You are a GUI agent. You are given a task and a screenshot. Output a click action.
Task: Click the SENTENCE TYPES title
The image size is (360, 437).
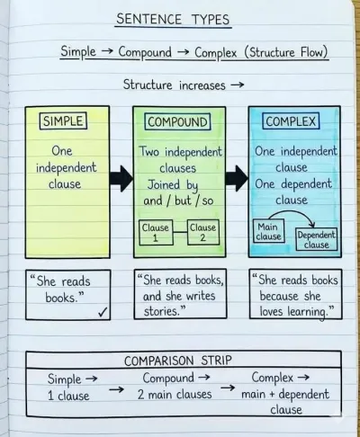173,19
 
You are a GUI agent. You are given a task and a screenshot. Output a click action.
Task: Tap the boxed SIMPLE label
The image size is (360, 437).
63,120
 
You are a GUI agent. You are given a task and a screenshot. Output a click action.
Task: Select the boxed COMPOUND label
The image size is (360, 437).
177,121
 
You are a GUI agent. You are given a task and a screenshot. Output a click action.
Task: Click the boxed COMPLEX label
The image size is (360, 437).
291,121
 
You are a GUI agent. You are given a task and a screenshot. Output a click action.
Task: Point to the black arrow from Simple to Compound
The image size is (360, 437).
121,178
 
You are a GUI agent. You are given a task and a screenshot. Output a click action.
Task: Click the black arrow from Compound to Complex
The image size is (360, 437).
237,178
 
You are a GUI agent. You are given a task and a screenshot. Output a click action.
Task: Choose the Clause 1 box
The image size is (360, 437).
156,232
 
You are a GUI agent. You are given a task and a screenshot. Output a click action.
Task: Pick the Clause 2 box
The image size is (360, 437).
203,232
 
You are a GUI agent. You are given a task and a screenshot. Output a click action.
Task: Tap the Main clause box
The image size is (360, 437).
269,231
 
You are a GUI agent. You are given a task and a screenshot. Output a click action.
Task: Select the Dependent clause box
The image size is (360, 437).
316,239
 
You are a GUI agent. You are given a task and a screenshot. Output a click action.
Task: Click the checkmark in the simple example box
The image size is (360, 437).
103,313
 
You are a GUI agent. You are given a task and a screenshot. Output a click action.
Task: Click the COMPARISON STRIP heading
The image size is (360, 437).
178,361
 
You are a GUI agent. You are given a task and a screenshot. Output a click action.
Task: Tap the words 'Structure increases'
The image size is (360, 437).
174,85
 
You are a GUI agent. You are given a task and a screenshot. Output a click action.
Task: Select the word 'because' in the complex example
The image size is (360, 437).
279,296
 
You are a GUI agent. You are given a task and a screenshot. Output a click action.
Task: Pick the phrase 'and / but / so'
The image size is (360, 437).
178,201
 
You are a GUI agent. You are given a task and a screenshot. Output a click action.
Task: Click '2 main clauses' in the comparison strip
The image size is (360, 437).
175,395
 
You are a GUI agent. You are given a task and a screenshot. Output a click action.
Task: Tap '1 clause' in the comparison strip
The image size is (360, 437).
68,396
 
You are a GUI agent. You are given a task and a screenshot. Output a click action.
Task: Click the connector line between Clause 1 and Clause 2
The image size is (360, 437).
180,232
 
